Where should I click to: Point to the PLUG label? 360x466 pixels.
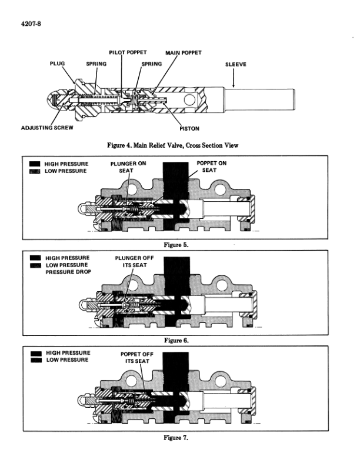[x=58, y=64]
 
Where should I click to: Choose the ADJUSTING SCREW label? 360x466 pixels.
[x=46, y=127]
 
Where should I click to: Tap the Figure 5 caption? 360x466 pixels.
[x=180, y=245]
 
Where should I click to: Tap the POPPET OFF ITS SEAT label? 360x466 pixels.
[x=135, y=358]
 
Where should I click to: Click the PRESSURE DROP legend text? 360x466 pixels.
[x=67, y=272]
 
